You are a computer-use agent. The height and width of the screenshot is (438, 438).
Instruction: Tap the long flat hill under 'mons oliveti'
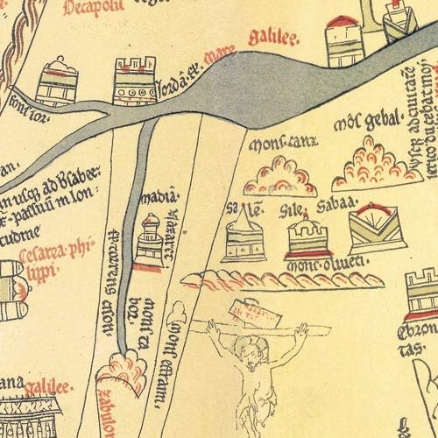(x=280, y=280)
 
